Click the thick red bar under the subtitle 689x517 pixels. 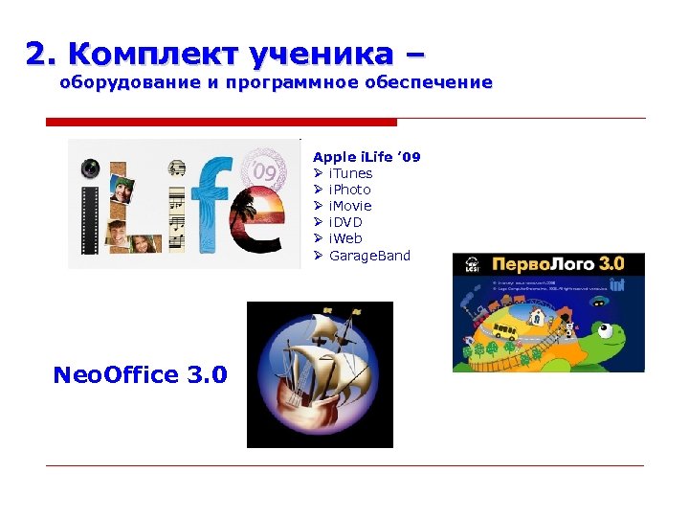click(x=221, y=122)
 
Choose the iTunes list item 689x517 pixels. click(x=350, y=173)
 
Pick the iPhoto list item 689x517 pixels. click(x=349, y=190)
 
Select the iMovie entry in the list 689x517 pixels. click(x=350, y=206)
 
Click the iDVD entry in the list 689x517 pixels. click(x=345, y=222)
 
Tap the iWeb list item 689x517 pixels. click(x=345, y=238)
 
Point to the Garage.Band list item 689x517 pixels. click(x=368, y=256)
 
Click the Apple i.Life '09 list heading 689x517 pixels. click(x=367, y=156)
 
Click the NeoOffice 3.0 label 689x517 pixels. click(x=141, y=374)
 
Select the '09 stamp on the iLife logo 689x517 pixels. click(x=266, y=172)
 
